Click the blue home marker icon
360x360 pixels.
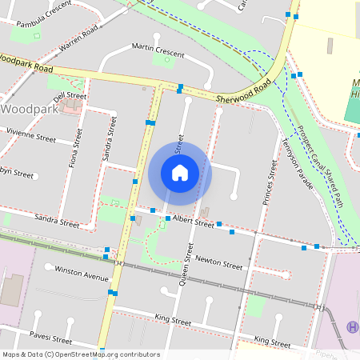(x=180, y=173)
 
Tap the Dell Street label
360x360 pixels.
(x=70, y=118)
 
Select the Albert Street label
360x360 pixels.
(x=194, y=223)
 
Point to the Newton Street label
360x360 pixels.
(x=218, y=263)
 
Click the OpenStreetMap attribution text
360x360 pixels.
(x=80, y=354)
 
